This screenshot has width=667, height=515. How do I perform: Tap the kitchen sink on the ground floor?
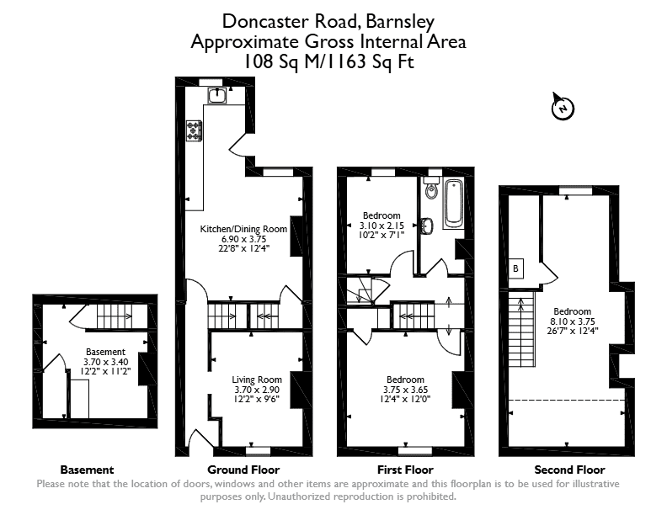(x=218, y=95)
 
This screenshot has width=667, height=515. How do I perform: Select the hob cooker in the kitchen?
(x=194, y=131)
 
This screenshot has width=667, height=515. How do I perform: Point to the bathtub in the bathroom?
(x=453, y=204)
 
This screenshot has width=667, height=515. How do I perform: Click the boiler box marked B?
(x=516, y=268)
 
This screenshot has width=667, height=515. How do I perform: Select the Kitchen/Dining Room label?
(x=243, y=229)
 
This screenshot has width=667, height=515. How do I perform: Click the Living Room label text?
(x=257, y=380)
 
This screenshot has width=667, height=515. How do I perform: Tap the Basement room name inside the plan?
(x=105, y=352)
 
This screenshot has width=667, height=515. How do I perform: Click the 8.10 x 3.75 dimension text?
(x=572, y=321)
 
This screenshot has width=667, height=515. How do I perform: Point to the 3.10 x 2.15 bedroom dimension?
(x=382, y=226)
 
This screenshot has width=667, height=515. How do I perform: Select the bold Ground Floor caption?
(x=243, y=470)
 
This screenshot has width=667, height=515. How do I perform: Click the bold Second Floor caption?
(x=569, y=470)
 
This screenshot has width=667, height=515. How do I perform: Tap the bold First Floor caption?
(x=405, y=470)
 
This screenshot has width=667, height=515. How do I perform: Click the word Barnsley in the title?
(x=400, y=22)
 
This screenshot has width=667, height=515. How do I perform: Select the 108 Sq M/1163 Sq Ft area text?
(x=328, y=62)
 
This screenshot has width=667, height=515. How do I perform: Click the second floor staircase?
(x=522, y=329)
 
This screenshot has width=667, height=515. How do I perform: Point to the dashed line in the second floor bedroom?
(x=567, y=400)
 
